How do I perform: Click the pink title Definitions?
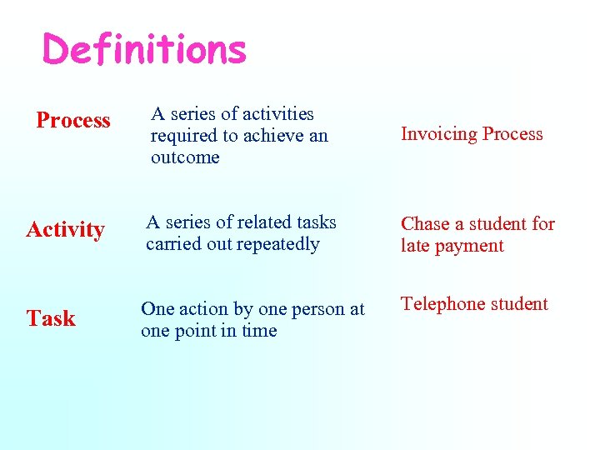144,49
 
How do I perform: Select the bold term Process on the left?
73,121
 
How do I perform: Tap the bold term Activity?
65,229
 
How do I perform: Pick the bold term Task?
51,318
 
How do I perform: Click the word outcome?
185,157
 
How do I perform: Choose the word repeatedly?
279,244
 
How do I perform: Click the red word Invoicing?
438,134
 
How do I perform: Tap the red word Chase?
424,224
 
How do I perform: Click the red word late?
415,246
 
